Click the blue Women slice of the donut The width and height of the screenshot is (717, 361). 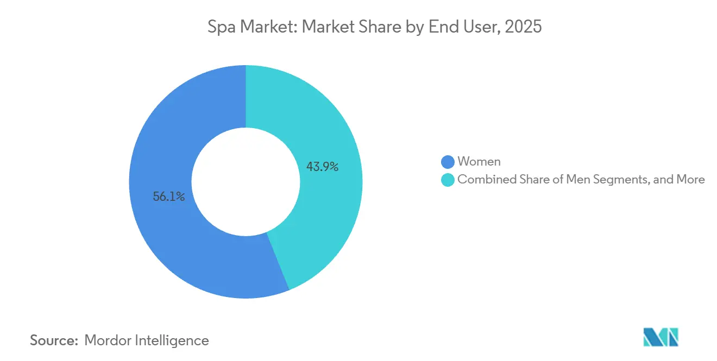pyautogui.click(x=163, y=228)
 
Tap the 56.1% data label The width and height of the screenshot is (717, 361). pyautogui.click(x=169, y=197)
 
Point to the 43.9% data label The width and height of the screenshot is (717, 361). pyautogui.click(x=322, y=167)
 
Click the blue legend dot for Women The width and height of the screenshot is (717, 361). pyautogui.click(x=448, y=162)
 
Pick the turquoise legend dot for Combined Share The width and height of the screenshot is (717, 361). pyautogui.click(x=448, y=180)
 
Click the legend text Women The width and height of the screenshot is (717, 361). pyautogui.click(x=479, y=161)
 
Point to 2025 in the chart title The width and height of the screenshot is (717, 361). pyautogui.click(x=523, y=27)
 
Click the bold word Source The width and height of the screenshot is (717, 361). pyautogui.click(x=54, y=340)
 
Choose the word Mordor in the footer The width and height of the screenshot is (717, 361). pyautogui.click(x=108, y=340)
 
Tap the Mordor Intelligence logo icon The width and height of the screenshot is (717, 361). pyautogui.click(x=661, y=337)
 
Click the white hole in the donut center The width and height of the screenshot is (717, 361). pyautogui.click(x=246, y=182)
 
